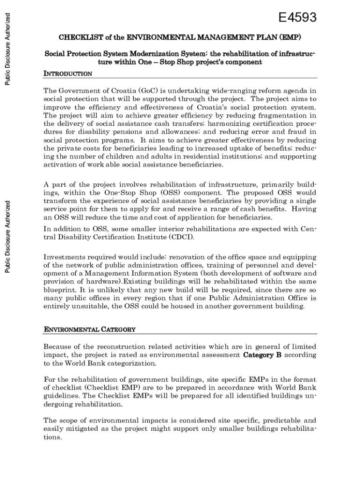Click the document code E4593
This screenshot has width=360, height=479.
[297, 18]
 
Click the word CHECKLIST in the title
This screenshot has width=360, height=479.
[77, 37]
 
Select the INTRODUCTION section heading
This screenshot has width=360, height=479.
[68, 74]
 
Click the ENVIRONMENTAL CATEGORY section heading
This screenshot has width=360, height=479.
[90, 329]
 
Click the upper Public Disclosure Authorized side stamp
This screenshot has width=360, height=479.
[7, 49]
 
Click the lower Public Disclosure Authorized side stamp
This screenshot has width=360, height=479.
[7, 237]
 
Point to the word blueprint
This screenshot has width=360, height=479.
[60, 290]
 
